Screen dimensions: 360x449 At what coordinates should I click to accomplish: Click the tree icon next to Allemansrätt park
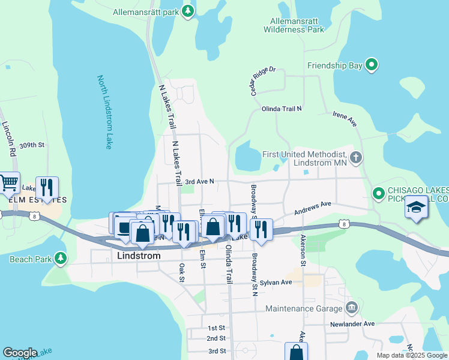point(188,11)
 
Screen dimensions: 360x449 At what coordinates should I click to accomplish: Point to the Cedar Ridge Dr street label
point(259,77)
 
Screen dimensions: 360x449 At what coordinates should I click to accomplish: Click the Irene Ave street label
point(345,118)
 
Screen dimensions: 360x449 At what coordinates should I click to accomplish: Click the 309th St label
point(32,145)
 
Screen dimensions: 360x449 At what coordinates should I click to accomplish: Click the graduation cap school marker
point(416,207)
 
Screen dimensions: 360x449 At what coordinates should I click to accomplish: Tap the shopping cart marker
point(8,183)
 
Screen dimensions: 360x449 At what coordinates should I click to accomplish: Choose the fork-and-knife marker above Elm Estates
point(47,187)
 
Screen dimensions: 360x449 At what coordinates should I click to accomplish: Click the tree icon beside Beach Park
point(60,259)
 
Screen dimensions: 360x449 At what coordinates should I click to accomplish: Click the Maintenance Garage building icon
point(352,308)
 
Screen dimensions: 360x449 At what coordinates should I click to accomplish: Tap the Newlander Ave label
point(352,324)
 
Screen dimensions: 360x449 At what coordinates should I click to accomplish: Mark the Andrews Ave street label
point(312,208)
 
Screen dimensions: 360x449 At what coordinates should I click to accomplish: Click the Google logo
point(20,353)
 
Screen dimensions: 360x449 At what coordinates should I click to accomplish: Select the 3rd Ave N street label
point(199,181)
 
